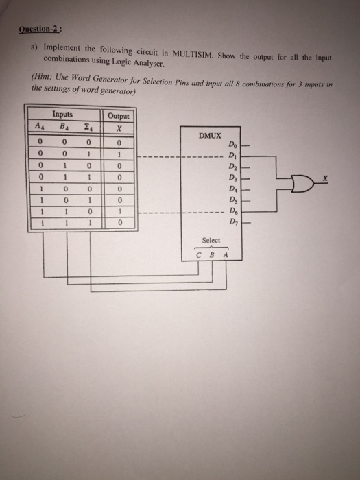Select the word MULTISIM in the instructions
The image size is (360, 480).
(x=193, y=54)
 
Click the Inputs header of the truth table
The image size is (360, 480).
(x=62, y=115)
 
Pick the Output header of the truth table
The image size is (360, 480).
(x=118, y=117)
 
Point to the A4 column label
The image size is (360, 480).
(x=40, y=125)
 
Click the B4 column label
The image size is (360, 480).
(x=64, y=126)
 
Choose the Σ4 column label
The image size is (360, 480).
(x=88, y=128)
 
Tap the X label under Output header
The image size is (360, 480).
(x=119, y=129)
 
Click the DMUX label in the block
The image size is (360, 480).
(x=210, y=136)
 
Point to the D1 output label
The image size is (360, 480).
(x=232, y=156)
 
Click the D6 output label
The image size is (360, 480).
(x=232, y=211)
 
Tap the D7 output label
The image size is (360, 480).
(x=232, y=221)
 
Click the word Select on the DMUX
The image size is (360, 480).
(x=211, y=240)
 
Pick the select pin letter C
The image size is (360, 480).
(x=199, y=254)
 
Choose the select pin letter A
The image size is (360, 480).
(x=226, y=254)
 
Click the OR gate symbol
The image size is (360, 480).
(x=303, y=184)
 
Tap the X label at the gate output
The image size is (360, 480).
(x=326, y=177)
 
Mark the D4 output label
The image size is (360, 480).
(x=232, y=189)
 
